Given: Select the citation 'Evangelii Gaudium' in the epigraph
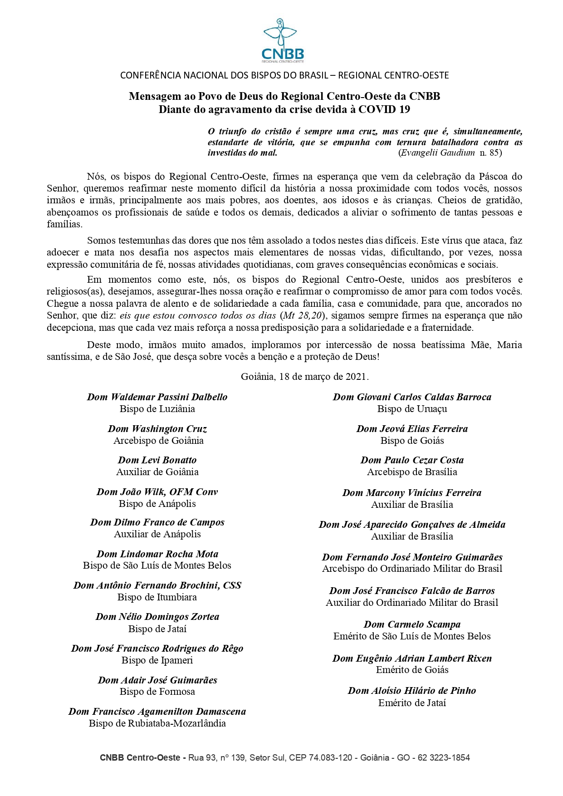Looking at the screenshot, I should click(438, 153).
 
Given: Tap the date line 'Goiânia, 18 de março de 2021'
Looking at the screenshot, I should click(304, 377).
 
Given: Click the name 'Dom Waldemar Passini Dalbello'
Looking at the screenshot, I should click(157, 397).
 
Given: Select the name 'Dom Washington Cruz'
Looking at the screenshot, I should click(157, 429).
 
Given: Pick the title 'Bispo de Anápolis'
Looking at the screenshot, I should click(157, 504).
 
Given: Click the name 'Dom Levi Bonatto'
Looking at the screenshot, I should click(157, 460).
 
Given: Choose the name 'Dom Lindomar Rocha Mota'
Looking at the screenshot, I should click(157, 554).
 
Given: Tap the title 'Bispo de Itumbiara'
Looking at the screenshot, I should click(157, 597).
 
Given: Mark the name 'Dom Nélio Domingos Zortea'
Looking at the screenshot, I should click(157, 617).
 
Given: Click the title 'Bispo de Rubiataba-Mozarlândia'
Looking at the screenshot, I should click(157, 723).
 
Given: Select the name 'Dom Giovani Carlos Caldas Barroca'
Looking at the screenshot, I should click(412, 397).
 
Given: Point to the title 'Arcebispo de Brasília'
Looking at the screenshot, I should click(412, 472).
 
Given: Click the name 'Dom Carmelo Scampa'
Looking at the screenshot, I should click(412, 624).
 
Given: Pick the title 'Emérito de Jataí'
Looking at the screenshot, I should click(412, 703).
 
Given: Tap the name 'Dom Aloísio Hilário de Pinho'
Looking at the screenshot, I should click(412, 691).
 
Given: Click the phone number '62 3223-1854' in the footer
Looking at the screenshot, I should click(444, 757).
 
